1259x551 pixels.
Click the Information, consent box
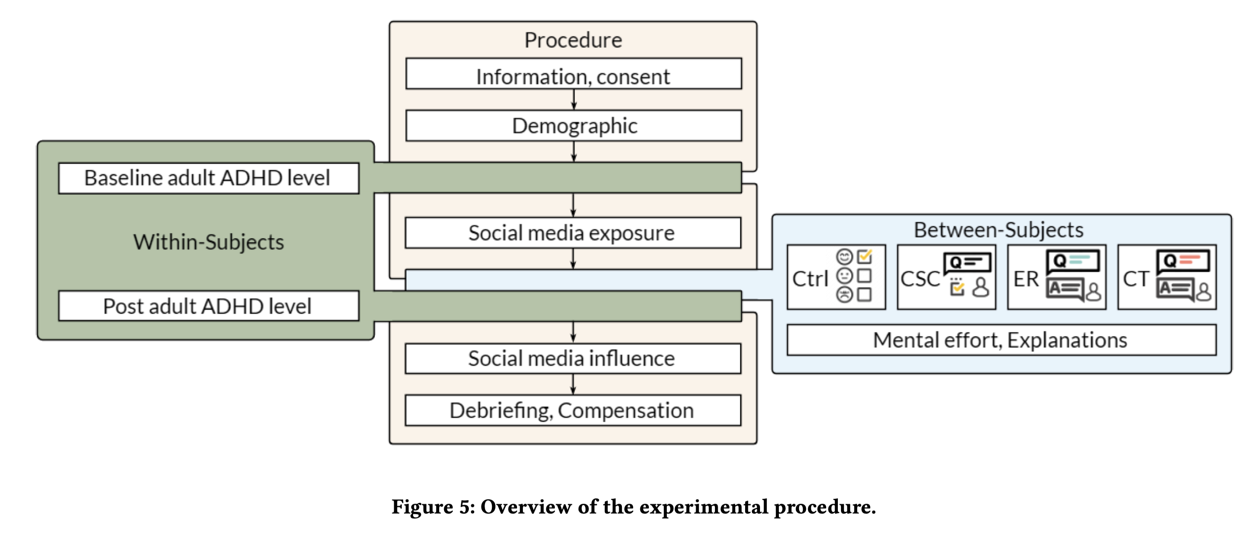573,74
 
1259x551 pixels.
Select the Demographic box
573,126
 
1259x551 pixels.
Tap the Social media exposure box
572,233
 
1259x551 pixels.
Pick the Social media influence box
572,358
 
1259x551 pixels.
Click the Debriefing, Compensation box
572,410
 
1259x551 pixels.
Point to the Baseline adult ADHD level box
208,178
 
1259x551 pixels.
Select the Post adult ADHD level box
208,306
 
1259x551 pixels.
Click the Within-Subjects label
208,242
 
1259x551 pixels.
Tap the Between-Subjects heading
998,230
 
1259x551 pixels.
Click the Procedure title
573,40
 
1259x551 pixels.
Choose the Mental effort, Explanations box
1000,340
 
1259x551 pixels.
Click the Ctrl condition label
810,279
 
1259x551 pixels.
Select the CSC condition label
920,279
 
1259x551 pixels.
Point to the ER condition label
1026,279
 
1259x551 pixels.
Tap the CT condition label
1135,279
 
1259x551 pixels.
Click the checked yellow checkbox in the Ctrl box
864,256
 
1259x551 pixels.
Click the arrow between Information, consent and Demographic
574,100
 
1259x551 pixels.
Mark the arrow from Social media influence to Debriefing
573,384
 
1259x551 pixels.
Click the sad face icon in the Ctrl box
844,294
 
